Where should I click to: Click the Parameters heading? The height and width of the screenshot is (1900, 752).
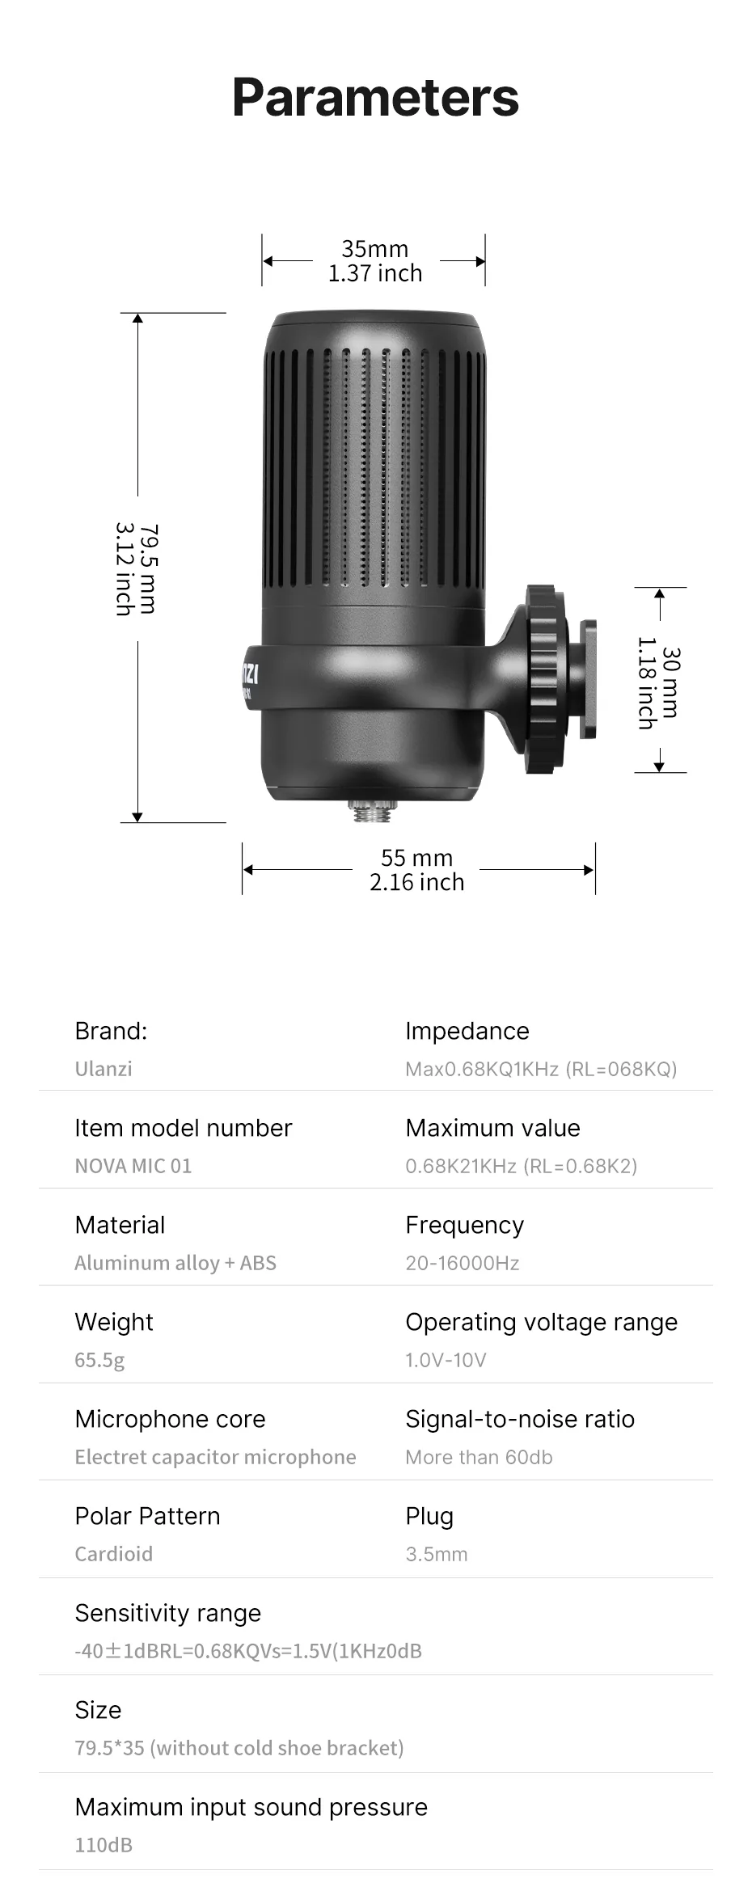375,99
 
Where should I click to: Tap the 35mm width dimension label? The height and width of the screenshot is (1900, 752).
375,249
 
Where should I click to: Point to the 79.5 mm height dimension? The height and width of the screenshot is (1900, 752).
149,568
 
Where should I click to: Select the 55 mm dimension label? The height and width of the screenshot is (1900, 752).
416,858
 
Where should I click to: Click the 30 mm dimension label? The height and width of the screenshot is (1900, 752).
670,682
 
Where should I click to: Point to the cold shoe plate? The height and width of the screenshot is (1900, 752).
588,678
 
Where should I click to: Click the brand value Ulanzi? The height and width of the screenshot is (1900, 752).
104,1069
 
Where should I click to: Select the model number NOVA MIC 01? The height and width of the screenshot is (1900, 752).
133,1166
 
